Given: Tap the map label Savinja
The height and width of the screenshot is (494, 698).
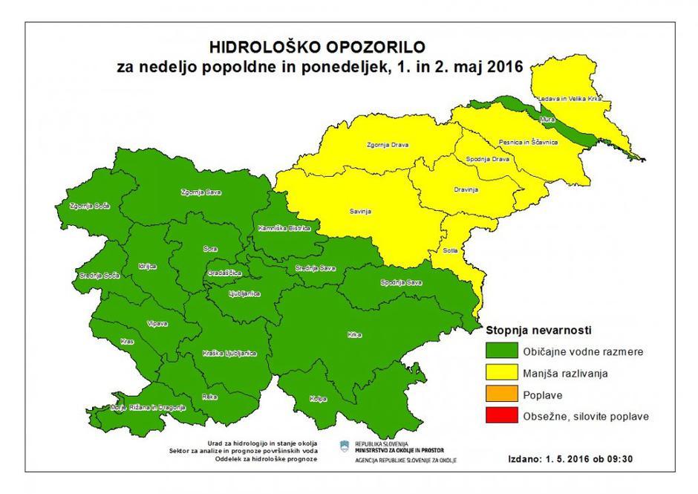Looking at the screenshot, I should (360, 212).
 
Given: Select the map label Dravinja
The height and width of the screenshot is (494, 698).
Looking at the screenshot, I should (465, 189).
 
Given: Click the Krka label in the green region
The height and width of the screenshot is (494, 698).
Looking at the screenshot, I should (354, 335).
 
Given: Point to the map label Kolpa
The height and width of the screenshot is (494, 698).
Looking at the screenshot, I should (318, 399).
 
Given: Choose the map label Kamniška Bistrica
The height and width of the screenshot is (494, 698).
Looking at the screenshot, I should (278, 228).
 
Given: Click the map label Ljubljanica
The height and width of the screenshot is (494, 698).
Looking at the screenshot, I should (244, 293).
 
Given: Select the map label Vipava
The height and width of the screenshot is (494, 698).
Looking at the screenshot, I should (157, 323).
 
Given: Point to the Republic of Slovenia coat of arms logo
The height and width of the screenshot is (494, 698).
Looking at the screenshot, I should (345, 446).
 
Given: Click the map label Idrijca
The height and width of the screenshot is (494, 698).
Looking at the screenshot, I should (147, 266).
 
